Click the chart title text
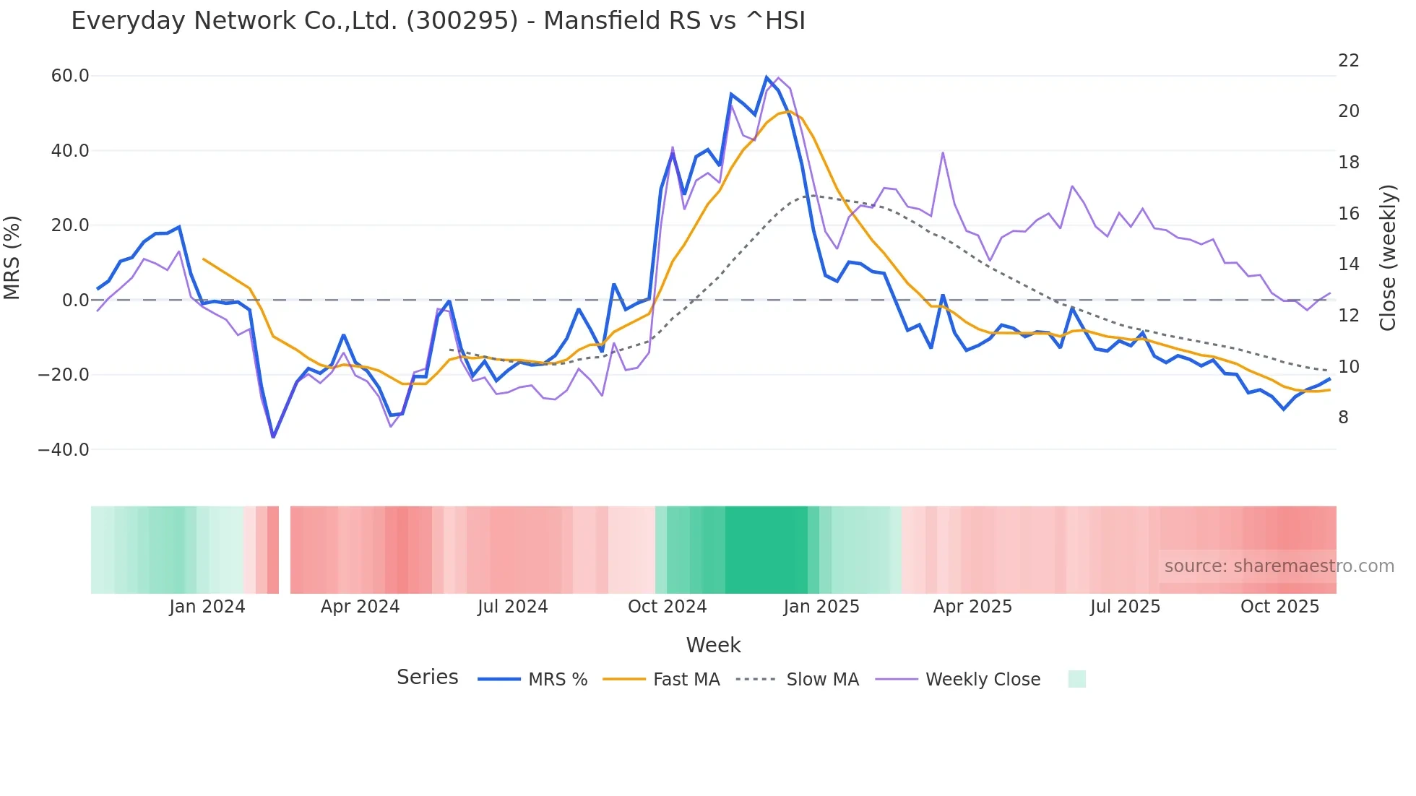438,21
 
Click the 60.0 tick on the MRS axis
70,76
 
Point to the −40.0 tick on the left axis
64,450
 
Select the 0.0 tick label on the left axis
75,300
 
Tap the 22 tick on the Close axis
1348,61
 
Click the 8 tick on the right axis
1343,418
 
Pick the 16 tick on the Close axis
1348,214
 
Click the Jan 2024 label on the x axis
207,607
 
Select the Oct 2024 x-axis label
667,607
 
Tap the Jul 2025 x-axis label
1125,607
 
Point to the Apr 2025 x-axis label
972,607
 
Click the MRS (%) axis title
12,258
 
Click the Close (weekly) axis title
1387,258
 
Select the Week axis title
713,645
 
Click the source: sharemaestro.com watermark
1279,566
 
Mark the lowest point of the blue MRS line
273,437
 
